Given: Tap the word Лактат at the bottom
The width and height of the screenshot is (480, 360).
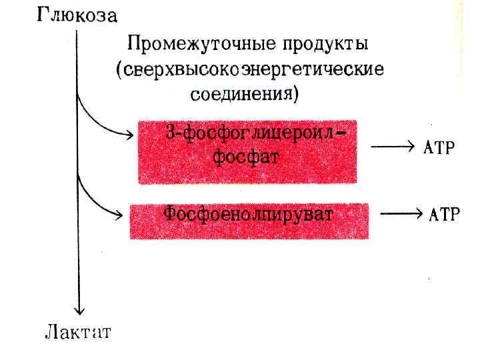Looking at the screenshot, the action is pyautogui.click(x=77, y=332).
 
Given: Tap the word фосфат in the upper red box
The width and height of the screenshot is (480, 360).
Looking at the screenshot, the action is pyautogui.click(x=246, y=159).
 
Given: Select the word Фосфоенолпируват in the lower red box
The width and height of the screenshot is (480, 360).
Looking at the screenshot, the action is pyautogui.click(x=249, y=215).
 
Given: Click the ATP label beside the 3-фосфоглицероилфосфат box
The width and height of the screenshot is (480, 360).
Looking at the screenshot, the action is pyautogui.click(x=439, y=148).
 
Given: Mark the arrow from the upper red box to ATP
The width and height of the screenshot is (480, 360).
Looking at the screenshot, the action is pyautogui.click(x=394, y=147).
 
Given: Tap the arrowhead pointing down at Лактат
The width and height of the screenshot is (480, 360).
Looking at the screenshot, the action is pyautogui.click(x=79, y=309).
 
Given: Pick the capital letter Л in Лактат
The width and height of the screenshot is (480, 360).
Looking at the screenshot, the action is pyautogui.click(x=51, y=332).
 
